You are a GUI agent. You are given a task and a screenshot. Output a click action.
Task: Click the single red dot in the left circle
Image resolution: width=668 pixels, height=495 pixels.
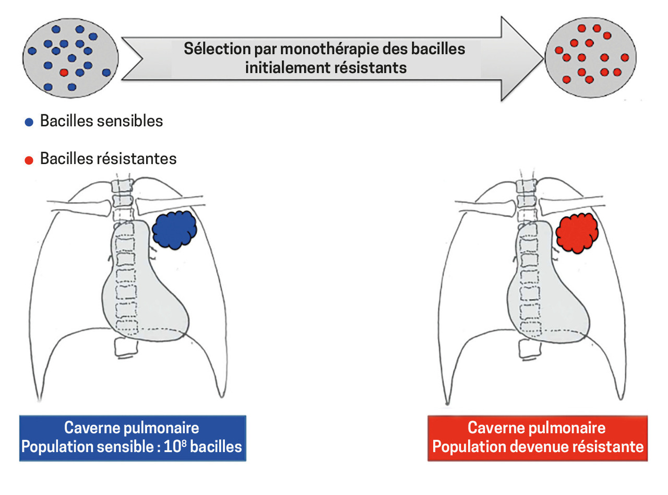click(x=64, y=73)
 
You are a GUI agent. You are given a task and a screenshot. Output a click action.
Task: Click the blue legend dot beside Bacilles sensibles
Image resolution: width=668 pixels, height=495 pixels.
click(x=29, y=122)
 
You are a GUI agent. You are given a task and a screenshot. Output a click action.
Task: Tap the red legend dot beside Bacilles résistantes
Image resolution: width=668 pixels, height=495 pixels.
click(x=29, y=159)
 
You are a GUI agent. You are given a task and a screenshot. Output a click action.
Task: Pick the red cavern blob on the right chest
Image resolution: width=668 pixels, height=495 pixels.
click(x=577, y=232)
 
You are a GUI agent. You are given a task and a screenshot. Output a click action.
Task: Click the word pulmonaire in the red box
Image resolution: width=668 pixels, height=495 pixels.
click(x=568, y=428)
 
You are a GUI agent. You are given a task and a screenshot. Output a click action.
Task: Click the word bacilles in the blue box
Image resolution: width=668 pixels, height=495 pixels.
click(x=216, y=447)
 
